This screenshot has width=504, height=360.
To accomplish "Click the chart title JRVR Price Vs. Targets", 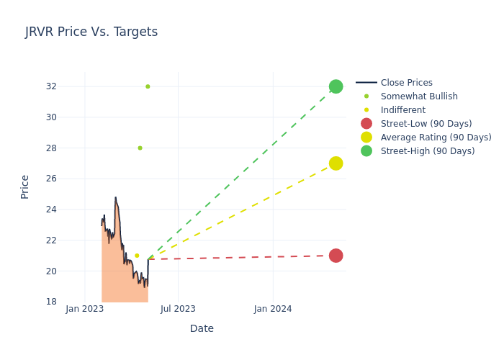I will (x=91, y=32).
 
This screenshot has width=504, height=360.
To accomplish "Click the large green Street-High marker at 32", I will (x=336, y=86).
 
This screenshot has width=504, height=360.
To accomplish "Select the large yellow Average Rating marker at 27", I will (x=336, y=163).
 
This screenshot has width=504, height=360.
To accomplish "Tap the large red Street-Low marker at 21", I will (x=336, y=256).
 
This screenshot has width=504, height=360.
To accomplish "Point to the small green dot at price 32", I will (x=148, y=86).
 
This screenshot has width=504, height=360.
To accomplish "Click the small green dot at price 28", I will (x=140, y=148).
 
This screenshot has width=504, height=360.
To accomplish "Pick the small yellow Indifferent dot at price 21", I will (x=137, y=256).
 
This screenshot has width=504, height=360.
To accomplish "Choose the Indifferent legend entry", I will (x=402, y=110).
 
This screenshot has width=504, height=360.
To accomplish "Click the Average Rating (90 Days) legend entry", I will (x=436, y=138).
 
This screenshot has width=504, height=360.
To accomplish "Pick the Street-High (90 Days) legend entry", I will (x=428, y=151).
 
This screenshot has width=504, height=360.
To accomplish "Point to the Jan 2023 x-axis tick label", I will (x=85, y=309).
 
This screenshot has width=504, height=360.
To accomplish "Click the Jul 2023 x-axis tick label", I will (x=178, y=309).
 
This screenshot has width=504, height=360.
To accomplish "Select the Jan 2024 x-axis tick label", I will (x=273, y=309).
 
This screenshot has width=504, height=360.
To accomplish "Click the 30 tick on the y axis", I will (x=51, y=117).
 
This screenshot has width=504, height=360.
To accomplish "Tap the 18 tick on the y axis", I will (x=51, y=302).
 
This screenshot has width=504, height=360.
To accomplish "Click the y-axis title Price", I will (x=25, y=186).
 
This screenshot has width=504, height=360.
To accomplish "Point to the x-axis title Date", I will (x=202, y=329).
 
